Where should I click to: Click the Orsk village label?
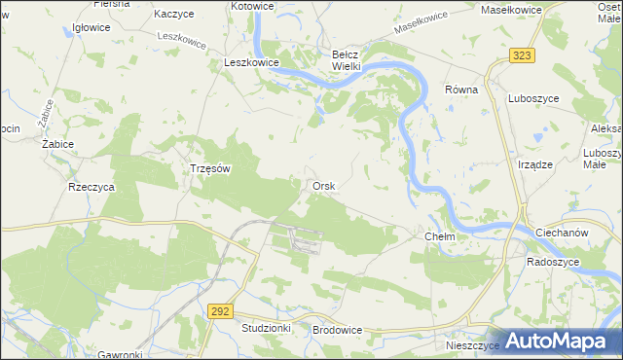324,186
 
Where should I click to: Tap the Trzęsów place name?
208,167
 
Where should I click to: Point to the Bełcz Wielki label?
347,60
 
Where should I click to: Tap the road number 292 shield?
220,310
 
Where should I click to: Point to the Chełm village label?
441,236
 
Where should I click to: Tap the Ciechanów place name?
564,234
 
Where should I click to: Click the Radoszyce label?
553,262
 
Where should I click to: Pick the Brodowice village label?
338,330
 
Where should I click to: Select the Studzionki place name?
266,329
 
